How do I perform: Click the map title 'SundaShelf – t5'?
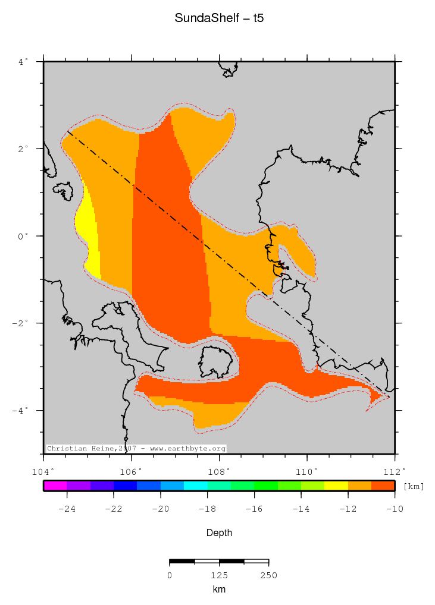(x=219, y=18)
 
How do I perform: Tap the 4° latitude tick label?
(x=23, y=61)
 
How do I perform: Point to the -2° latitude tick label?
(x=21, y=323)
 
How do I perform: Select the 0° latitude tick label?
(x=23, y=236)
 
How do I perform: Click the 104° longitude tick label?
(x=43, y=472)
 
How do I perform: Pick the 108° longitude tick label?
(x=219, y=472)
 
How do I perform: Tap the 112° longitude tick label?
(x=395, y=472)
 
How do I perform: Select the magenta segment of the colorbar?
(x=55, y=486)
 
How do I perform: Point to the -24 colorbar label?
(x=67, y=509)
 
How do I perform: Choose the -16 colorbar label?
(x=254, y=509)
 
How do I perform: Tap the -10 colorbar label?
(x=395, y=509)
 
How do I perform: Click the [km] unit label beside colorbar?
(x=414, y=486)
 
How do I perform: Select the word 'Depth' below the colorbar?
(x=219, y=533)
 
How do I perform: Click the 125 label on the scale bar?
(x=219, y=575)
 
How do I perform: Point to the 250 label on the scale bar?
(x=268, y=575)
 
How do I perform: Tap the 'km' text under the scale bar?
(x=219, y=590)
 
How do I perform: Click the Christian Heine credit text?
(x=136, y=448)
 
